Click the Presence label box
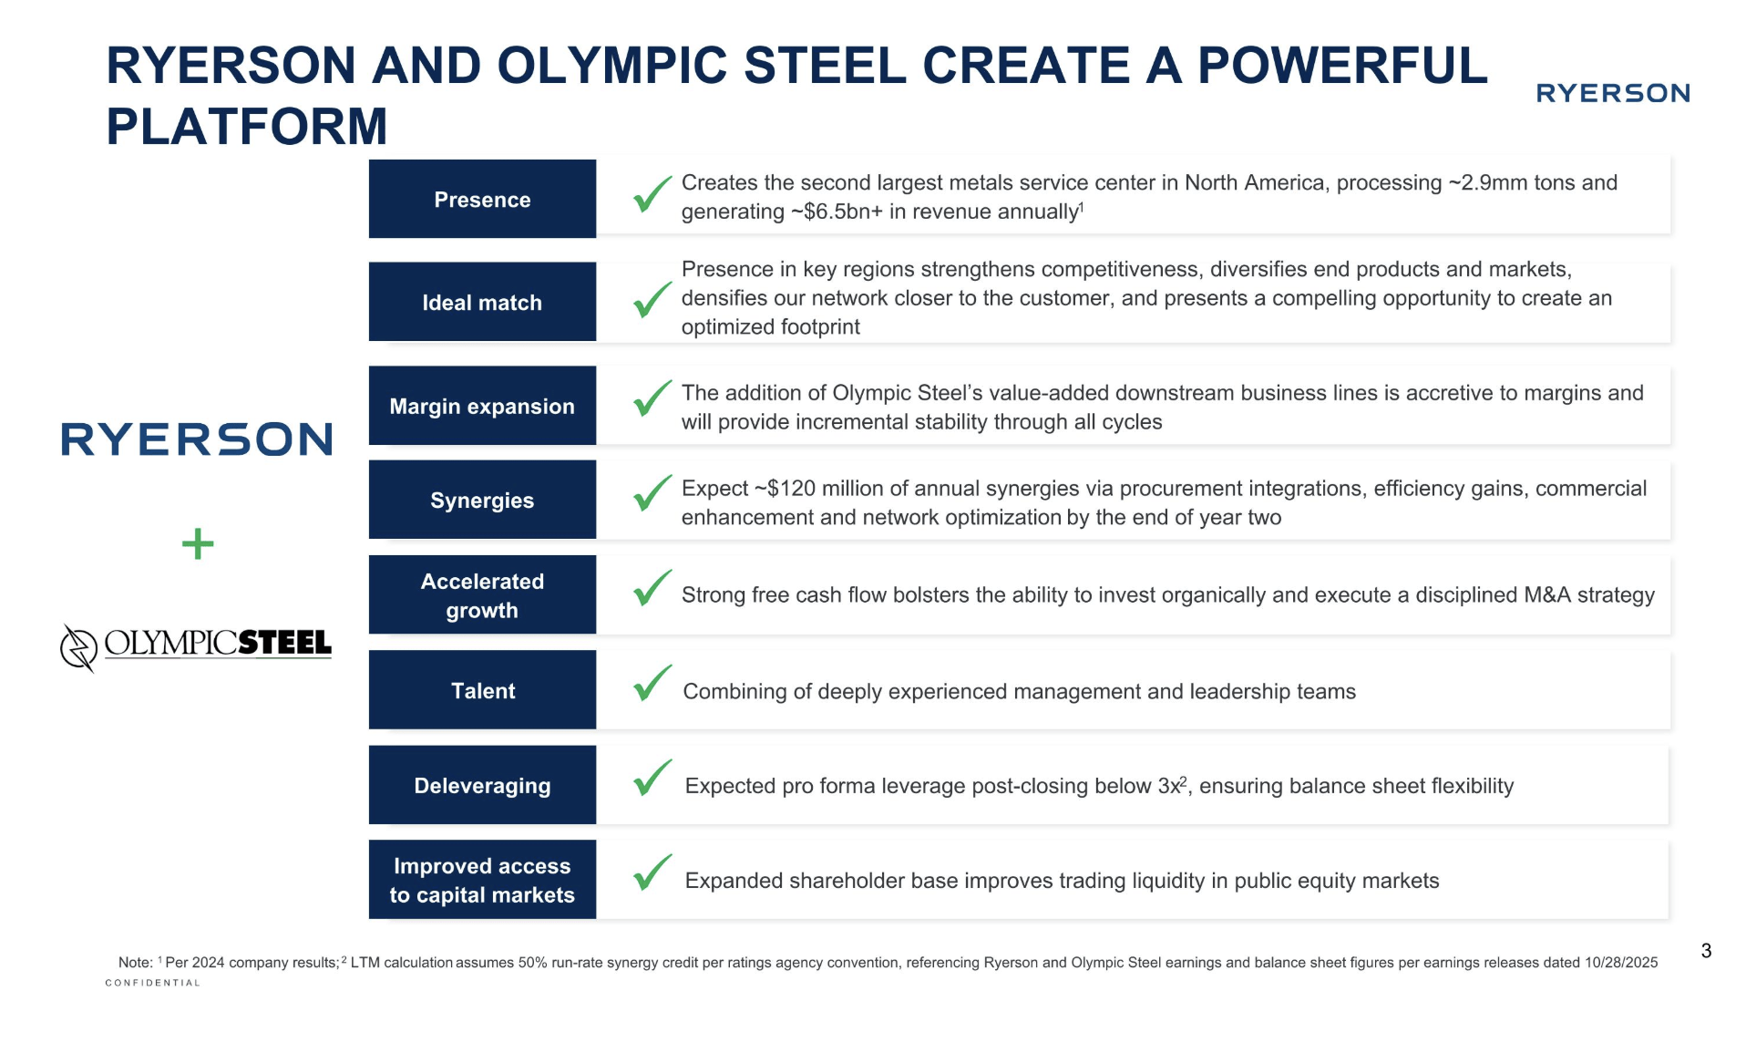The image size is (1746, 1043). (482, 200)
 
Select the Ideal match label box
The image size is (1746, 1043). (482, 302)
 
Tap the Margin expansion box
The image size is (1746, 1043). (482, 406)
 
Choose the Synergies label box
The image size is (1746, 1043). (482, 500)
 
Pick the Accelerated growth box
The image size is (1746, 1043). (482, 595)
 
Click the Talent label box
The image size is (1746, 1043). (482, 690)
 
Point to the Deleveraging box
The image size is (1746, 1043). (482, 785)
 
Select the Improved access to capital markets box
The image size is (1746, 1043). (482, 880)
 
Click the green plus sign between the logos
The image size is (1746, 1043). (198, 544)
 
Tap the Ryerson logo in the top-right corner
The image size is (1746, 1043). (1612, 93)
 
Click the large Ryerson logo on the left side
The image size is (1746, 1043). (197, 439)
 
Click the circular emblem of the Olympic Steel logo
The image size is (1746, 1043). (78, 647)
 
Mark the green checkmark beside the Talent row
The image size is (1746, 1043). (652, 683)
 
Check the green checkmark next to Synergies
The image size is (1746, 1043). (652, 493)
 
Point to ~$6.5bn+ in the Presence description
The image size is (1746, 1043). (837, 212)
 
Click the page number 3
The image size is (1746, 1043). (1706, 951)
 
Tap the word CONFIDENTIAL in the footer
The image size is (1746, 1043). (152, 983)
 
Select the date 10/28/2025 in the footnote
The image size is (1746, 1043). (1621, 963)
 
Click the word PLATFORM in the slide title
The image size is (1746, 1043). (247, 126)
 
